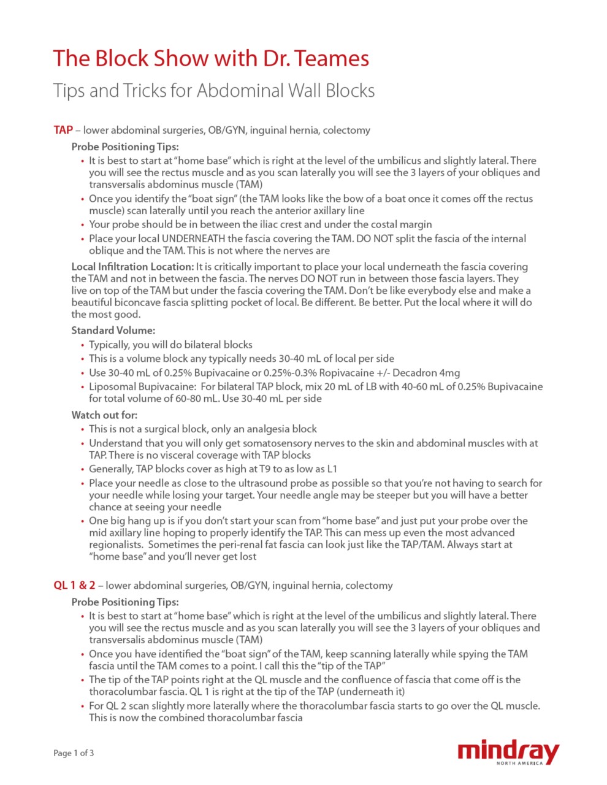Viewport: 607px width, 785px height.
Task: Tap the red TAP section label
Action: (x=63, y=130)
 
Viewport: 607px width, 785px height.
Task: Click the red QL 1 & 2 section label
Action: (x=74, y=585)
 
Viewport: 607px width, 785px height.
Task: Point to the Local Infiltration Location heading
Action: (x=132, y=267)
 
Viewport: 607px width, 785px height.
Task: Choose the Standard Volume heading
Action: (x=113, y=331)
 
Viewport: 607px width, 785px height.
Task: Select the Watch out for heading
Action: (x=104, y=415)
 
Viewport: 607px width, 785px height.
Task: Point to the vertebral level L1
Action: (x=331, y=469)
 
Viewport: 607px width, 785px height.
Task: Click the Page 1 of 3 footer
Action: (x=74, y=753)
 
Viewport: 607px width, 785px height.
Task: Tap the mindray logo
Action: (x=508, y=752)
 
